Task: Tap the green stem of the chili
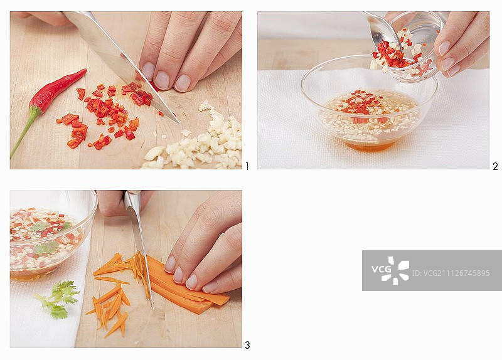25,131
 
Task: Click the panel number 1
247,166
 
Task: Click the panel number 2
495,166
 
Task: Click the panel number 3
247,345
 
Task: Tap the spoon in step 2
383,30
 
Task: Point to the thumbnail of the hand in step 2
444,48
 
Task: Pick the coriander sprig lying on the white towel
58,299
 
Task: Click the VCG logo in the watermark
390,270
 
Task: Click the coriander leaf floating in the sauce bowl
46,248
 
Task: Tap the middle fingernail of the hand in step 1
162,80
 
